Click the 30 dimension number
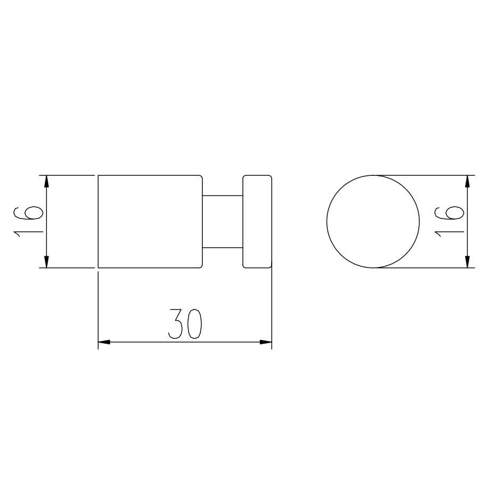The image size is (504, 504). point(185,324)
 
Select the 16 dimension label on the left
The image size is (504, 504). point(28,222)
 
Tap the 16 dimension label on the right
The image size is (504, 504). point(449,222)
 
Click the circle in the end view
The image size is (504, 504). point(327,222)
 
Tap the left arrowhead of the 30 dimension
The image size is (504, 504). point(104,342)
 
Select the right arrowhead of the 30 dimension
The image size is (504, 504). point(266,342)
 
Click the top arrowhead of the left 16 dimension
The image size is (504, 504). point(46,182)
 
